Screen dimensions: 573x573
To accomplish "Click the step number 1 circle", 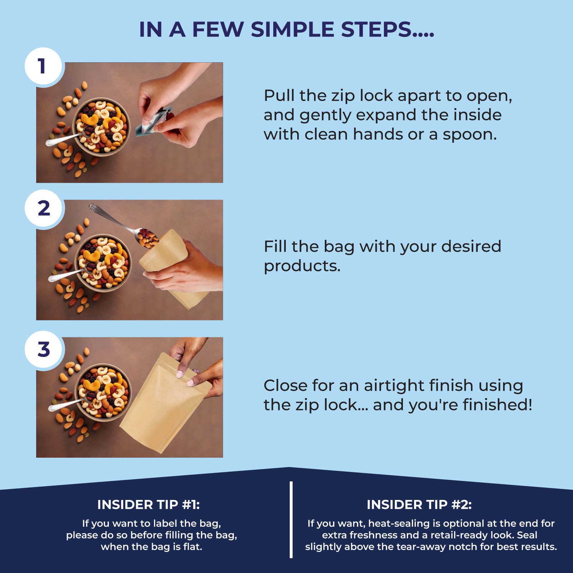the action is pyautogui.click(x=43, y=66).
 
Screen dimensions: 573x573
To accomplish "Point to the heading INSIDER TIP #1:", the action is pyautogui.click(x=148, y=505).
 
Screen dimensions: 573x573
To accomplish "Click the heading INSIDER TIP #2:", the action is pyautogui.click(x=419, y=505).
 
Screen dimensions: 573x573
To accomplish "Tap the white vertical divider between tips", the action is pyautogui.click(x=291, y=520).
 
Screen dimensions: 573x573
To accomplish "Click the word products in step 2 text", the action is pyautogui.click(x=302, y=266).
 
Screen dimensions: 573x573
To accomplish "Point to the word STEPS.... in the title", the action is pyautogui.click(x=387, y=29).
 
